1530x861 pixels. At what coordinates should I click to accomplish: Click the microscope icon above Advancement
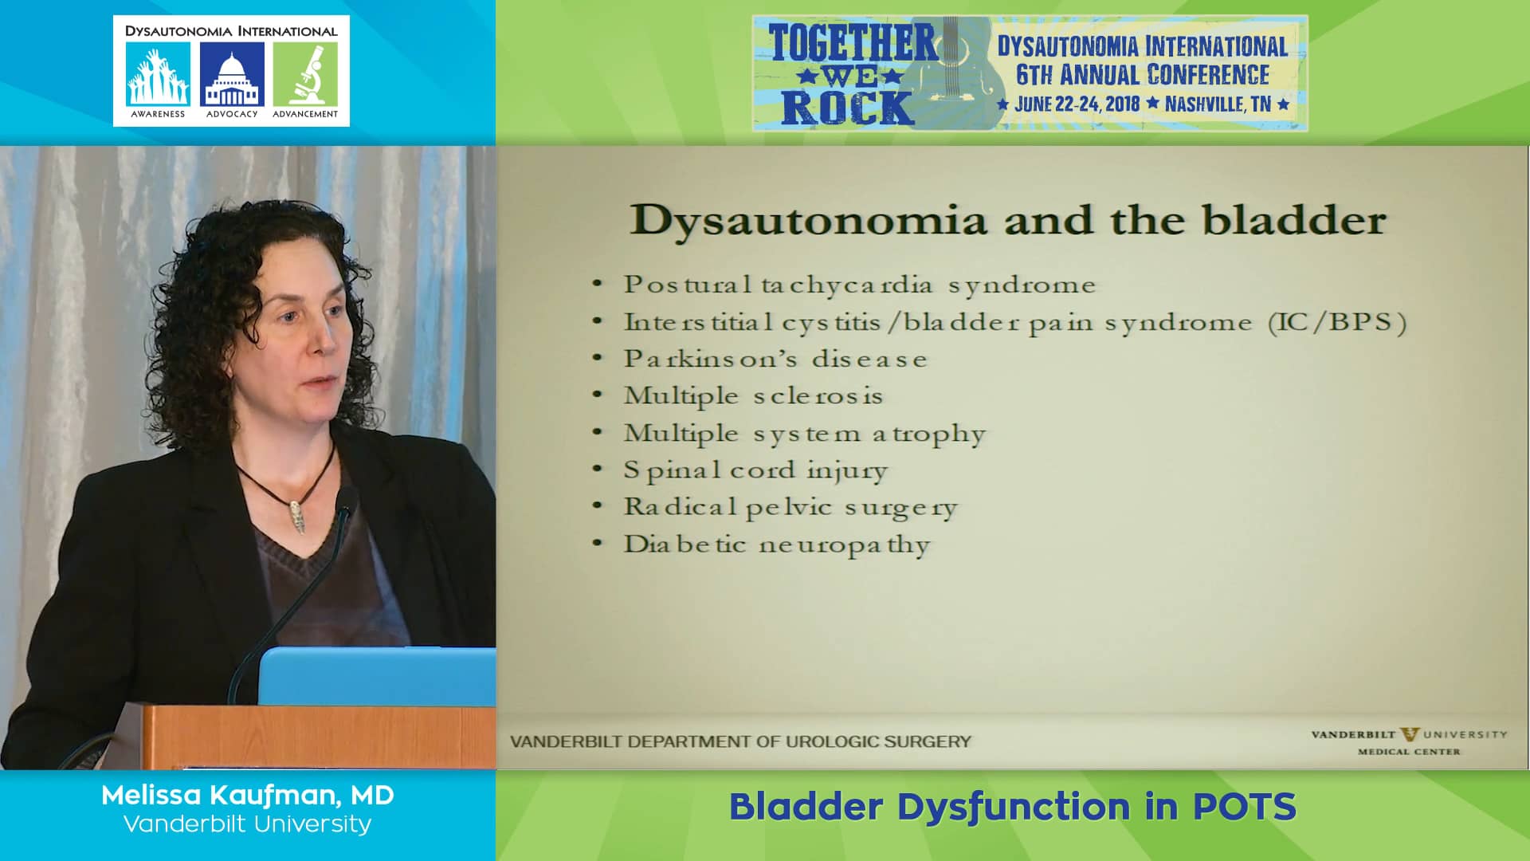pyautogui.click(x=305, y=74)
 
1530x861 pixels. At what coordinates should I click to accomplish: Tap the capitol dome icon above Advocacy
pyautogui.click(x=232, y=74)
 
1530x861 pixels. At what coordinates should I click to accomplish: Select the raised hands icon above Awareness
pyautogui.click(x=158, y=74)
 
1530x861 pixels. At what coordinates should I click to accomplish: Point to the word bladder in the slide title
pyautogui.click(x=1294, y=221)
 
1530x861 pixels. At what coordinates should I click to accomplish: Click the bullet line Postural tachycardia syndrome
pyautogui.click(x=859, y=285)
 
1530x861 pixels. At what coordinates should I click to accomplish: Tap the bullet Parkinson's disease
pyautogui.click(x=775, y=360)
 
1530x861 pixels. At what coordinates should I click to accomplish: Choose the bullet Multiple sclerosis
pyautogui.click(x=753, y=396)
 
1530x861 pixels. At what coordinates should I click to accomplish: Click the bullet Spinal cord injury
pyautogui.click(x=755, y=470)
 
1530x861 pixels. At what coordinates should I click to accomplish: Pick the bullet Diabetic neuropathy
pyautogui.click(x=776, y=545)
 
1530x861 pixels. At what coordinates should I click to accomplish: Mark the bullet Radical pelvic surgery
pyautogui.click(x=790, y=508)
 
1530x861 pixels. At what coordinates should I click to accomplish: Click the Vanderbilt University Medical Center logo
pyautogui.click(x=1409, y=741)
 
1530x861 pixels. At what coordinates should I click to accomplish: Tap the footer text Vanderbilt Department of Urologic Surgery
pyautogui.click(x=740, y=741)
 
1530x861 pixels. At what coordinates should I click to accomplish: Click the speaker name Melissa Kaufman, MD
pyautogui.click(x=248, y=795)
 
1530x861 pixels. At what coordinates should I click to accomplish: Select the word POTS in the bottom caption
pyautogui.click(x=1244, y=807)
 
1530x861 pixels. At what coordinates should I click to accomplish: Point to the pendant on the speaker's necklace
pyautogui.click(x=296, y=516)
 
